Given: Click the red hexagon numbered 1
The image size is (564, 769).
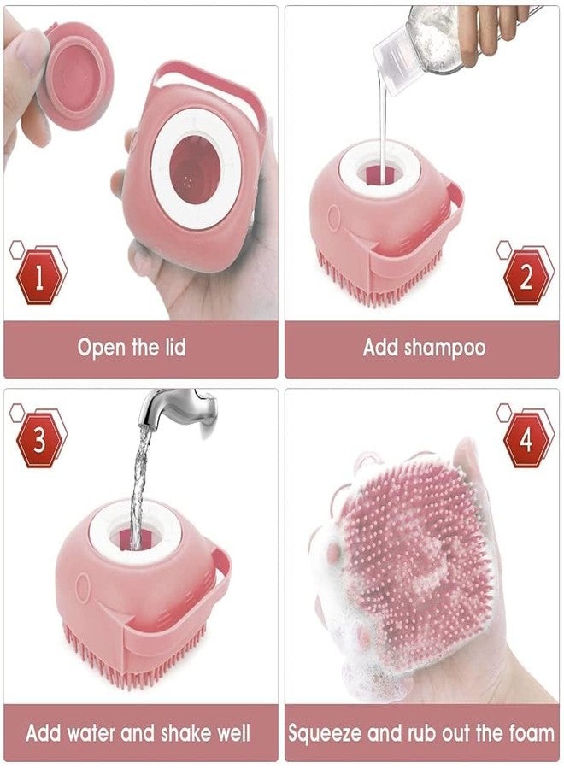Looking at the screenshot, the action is pyautogui.click(x=39, y=278).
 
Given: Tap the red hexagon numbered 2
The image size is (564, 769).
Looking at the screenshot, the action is pyautogui.click(x=526, y=278).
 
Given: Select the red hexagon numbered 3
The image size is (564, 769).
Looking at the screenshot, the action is pyautogui.click(x=39, y=440).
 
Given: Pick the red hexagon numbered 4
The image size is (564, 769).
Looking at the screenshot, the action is pyautogui.click(x=526, y=440).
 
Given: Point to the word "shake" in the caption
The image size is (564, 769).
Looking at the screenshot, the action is pyautogui.click(x=187, y=733).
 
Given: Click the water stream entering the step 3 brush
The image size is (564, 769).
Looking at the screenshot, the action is pyautogui.click(x=140, y=485).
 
